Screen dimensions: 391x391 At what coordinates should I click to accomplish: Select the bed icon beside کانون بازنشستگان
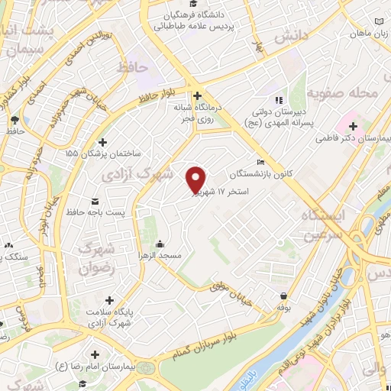coord(261,162)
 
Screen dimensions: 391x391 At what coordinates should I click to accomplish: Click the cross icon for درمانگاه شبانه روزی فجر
coord(198,96)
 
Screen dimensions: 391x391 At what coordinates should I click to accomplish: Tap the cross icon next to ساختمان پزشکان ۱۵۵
coord(102,142)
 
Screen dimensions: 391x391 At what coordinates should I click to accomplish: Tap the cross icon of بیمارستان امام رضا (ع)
coord(94,355)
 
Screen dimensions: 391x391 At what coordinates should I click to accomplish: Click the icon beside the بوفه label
coord(283,296)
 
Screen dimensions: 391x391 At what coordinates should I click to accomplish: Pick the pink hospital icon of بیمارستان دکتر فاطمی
coord(353,126)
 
